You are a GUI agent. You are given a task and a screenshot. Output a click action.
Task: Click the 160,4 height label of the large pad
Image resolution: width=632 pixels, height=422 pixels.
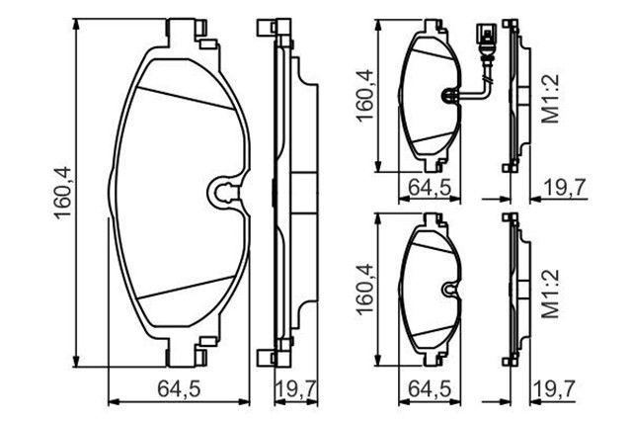[62, 193]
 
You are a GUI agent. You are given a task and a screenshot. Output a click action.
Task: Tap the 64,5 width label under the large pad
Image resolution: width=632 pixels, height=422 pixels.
[179, 389]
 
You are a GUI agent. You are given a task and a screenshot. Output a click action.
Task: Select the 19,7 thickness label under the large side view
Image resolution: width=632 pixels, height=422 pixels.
[296, 389]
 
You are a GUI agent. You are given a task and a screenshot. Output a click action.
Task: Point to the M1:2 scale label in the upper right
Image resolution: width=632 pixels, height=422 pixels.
[551, 99]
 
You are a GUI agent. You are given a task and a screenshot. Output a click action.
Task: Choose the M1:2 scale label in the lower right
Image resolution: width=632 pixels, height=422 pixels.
[551, 294]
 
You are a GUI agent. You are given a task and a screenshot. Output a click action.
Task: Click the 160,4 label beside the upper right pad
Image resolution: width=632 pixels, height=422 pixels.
[364, 95]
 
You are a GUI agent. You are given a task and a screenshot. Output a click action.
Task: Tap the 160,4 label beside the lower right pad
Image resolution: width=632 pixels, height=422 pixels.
[364, 289]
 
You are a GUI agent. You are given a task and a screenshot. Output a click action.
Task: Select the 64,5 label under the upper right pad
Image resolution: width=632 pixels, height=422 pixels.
[429, 187]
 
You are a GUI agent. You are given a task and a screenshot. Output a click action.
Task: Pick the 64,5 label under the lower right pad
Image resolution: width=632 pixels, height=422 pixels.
[429, 389]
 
